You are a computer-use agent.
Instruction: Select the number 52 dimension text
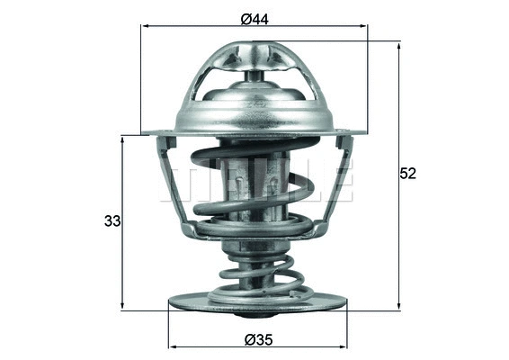(x=408, y=175)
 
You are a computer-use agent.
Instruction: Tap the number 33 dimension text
(x=112, y=220)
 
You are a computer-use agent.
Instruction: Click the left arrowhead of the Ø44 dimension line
(x=147, y=26)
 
